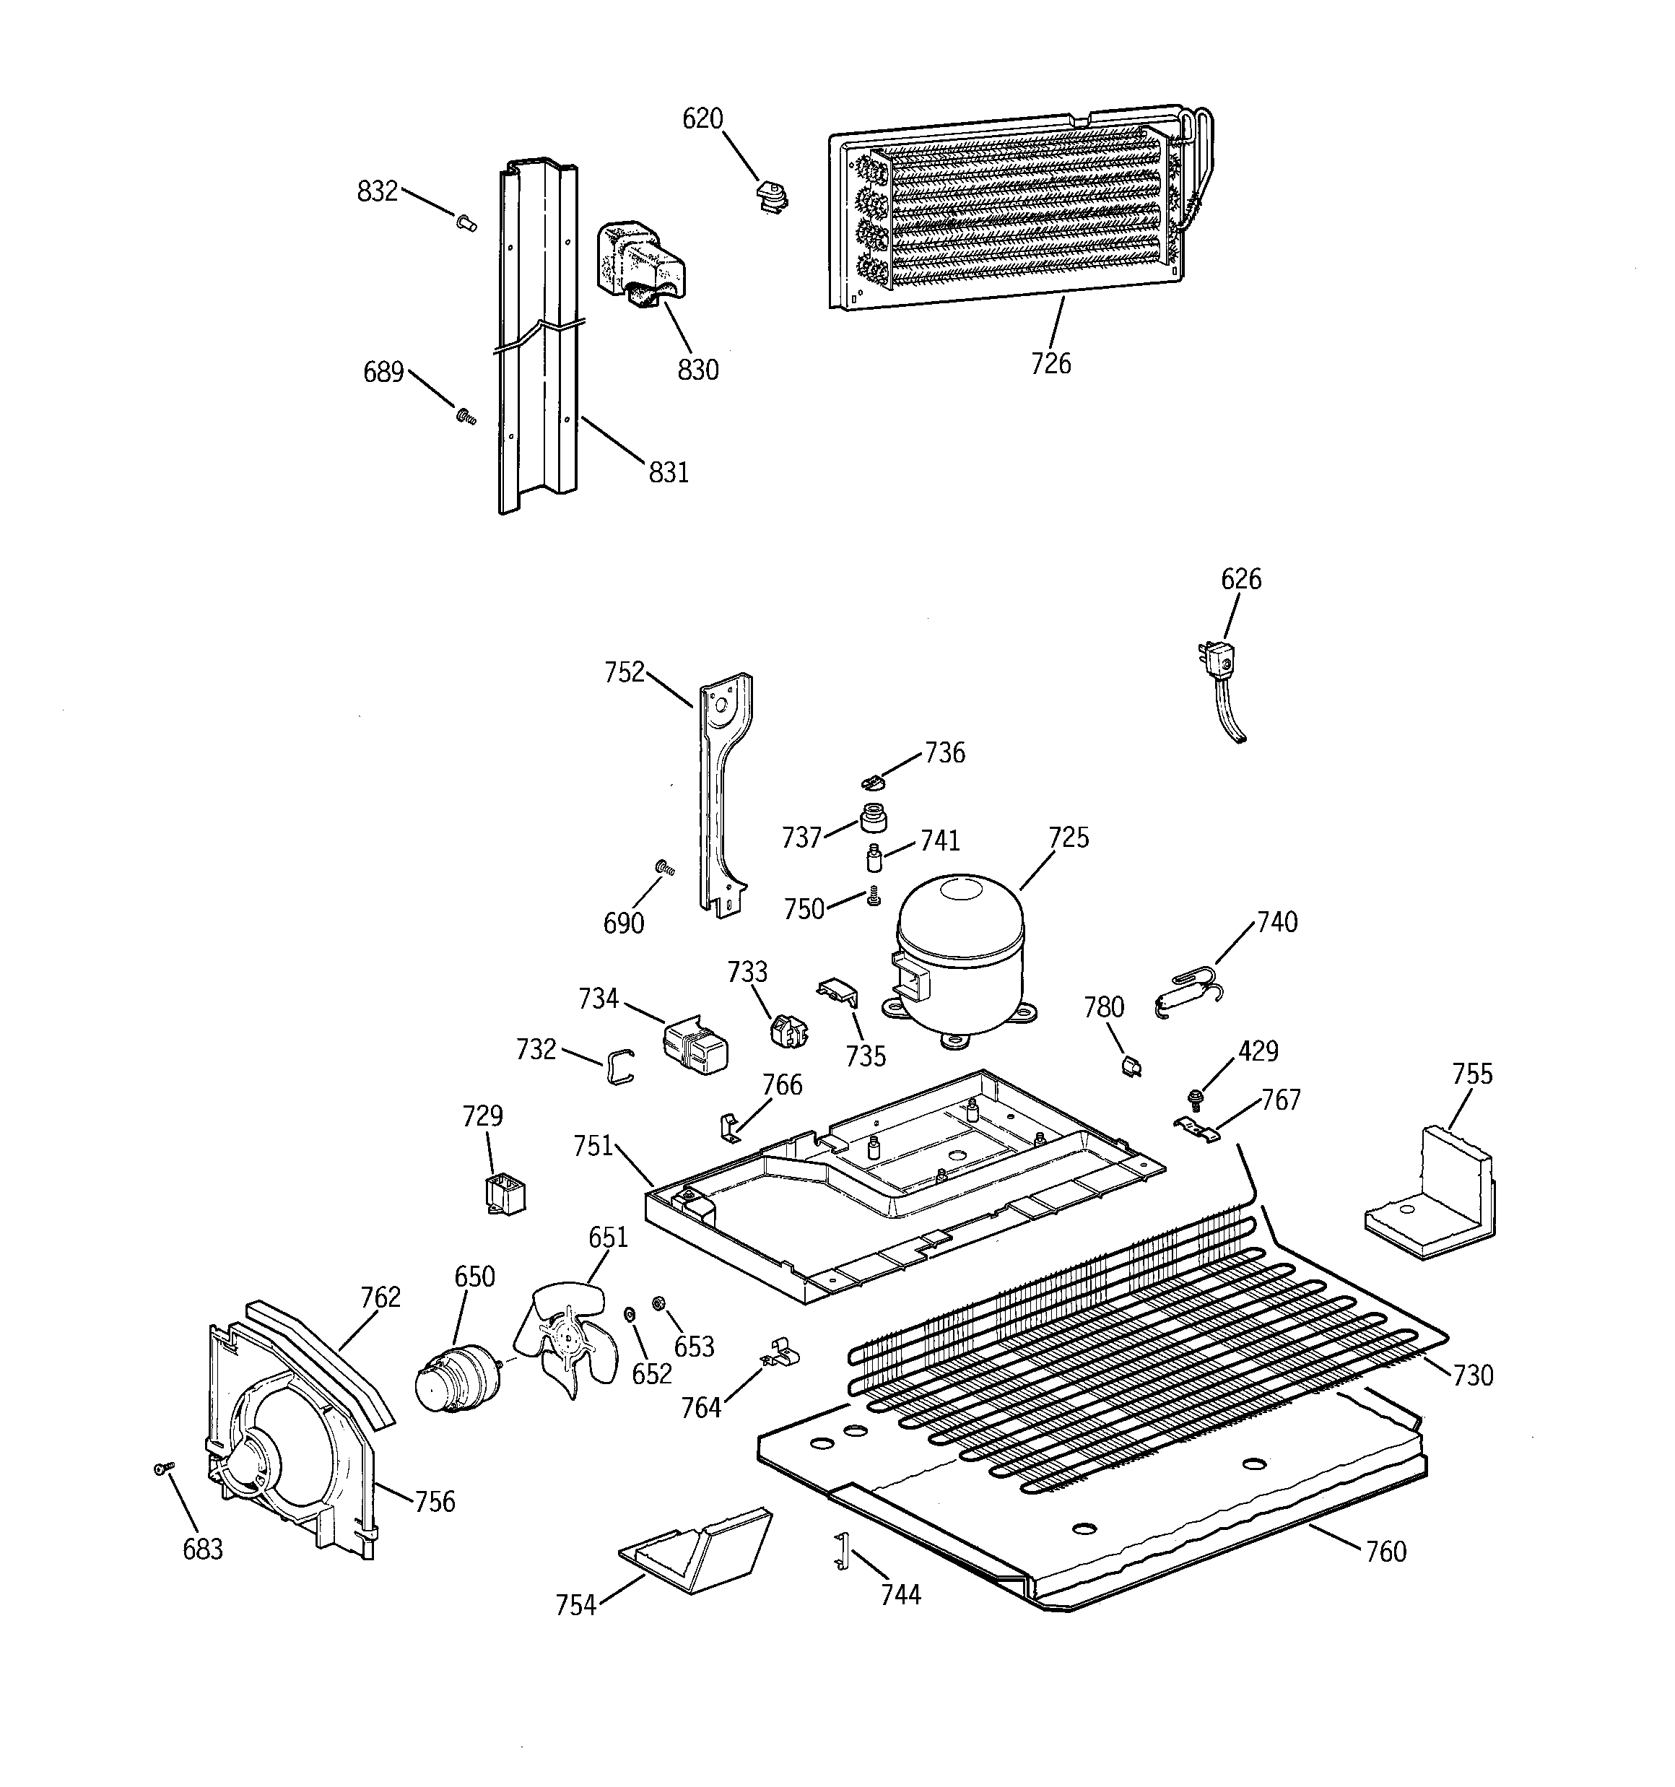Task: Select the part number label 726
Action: (1050, 363)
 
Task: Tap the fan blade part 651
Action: (567, 1340)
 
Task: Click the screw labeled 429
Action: (1195, 1097)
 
